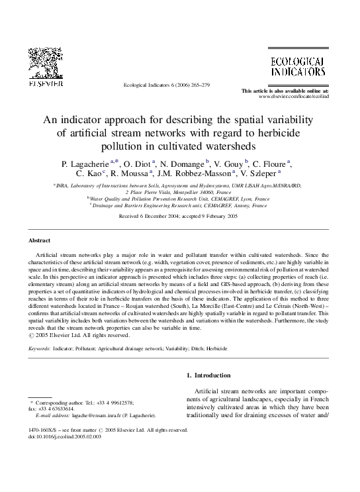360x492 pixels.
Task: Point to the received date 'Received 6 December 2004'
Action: tap(146, 216)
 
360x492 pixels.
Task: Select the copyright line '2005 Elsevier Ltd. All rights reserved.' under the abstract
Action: tap(75, 334)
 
